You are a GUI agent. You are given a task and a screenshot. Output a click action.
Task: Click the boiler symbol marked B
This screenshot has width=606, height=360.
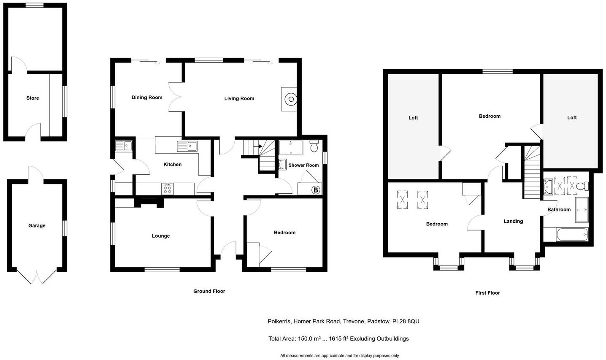click(316, 190)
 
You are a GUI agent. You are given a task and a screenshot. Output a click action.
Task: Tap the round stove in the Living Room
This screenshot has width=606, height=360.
click(290, 100)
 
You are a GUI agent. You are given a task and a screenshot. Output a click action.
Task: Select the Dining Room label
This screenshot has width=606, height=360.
click(147, 97)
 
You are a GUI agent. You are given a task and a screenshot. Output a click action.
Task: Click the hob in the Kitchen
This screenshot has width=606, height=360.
click(168, 189)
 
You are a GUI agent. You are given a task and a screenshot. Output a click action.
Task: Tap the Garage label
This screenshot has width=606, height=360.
click(37, 226)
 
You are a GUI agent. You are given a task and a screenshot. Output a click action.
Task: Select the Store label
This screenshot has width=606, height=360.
click(32, 98)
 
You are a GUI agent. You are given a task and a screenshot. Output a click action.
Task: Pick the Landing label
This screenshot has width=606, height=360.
click(513, 221)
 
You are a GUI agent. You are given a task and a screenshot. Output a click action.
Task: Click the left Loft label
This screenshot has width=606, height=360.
click(413, 118)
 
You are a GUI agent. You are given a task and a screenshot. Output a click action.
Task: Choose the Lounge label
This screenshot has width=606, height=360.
click(161, 236)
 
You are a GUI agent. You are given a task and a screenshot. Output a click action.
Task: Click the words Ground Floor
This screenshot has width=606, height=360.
click(209, 291)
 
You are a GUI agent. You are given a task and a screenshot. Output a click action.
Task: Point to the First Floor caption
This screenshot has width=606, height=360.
click(487, 293)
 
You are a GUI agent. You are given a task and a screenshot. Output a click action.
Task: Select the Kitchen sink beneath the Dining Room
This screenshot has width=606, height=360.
click(187, 146)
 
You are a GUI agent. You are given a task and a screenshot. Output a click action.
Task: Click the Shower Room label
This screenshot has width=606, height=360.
click(303, 165)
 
